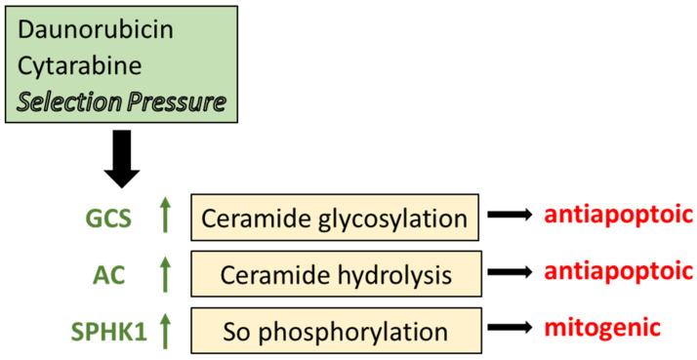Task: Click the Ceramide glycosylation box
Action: click(336, 218)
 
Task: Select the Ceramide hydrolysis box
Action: click(336, 274)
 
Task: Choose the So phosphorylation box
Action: click(336, 330)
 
